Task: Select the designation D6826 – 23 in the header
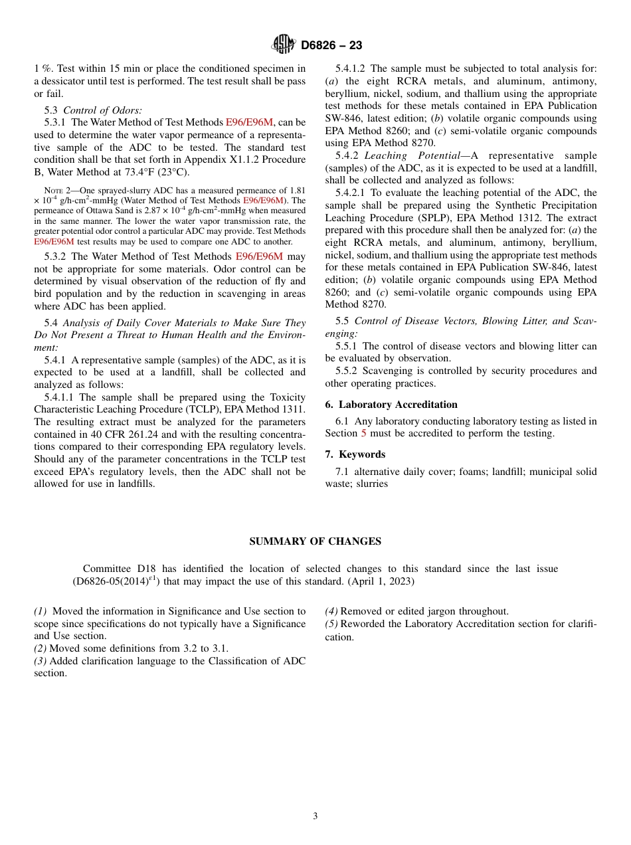[x=331, y=46]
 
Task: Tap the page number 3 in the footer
[x=315, y=816]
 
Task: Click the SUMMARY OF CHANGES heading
[x=315, y=541]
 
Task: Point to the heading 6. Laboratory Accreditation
[x=391, y=405]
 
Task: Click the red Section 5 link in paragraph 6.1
[x=363, y=434]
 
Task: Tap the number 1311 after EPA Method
[x=292, y=409]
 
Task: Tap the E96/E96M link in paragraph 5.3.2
[x=259, y=256]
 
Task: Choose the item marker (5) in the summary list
[x=331, y=624]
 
